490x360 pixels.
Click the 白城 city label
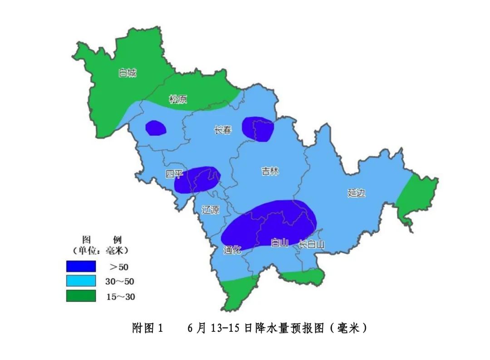[127, 73]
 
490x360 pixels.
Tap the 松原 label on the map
[178, 99]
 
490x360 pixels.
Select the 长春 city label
[222, 130]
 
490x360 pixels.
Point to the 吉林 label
[270, 171]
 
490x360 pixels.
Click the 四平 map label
[174, 174]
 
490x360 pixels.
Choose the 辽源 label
[210, 210]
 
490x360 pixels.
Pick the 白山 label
[279, 243]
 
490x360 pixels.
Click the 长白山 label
[312, 244]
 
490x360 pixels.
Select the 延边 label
[356, 193]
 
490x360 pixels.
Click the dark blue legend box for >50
[81, 266]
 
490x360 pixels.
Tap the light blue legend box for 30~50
[81, 281]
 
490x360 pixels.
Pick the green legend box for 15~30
[81, 296]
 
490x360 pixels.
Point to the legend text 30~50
[120, 281]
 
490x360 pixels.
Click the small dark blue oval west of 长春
[155, 128]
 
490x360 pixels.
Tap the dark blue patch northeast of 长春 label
[258, 129]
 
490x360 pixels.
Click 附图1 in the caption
[147, 328]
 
